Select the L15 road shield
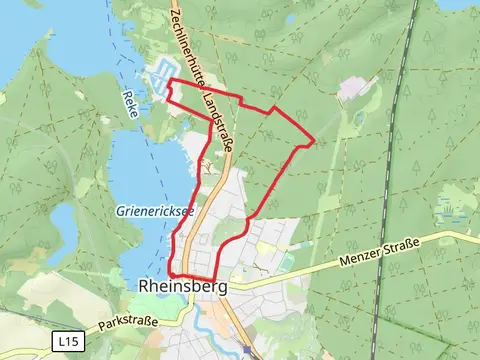[66, 342]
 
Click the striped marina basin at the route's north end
[160, 74]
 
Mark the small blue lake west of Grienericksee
[62, 219]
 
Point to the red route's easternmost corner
[315, 140]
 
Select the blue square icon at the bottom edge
[248, 353]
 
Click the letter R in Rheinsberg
[141, 287]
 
